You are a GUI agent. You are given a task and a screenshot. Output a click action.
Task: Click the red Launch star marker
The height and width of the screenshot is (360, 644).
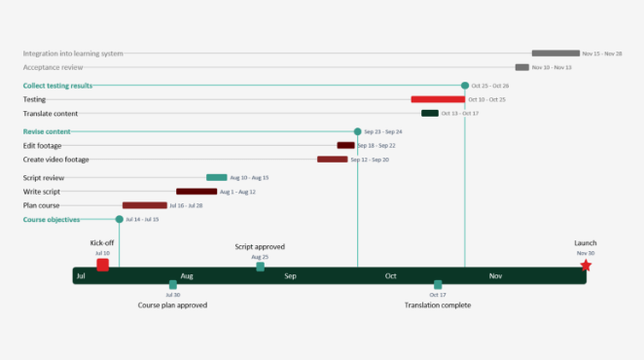[586, 265]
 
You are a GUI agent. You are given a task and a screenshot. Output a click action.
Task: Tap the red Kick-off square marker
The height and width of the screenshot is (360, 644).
[102, 265]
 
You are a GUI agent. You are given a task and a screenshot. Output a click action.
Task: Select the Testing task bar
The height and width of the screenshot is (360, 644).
[438, 99]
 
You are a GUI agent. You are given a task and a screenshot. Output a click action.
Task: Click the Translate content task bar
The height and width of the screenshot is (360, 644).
[429, 113]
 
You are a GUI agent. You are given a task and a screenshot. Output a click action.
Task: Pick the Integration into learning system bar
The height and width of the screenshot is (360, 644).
[555, 54]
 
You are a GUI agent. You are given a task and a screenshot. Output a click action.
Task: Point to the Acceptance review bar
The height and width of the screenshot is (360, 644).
[522, 67]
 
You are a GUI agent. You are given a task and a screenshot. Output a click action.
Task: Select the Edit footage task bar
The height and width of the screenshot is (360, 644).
[346, 145]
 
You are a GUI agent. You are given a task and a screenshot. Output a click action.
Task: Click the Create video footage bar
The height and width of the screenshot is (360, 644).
[332, 159]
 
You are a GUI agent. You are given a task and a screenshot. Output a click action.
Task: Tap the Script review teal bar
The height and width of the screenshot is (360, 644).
[216, 178]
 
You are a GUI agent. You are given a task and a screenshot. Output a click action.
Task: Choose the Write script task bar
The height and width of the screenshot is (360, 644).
[197, 192]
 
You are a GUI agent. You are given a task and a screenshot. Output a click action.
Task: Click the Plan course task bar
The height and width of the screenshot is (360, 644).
[144, 205]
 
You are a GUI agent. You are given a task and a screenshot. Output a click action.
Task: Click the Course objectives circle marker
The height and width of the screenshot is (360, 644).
[120, 219]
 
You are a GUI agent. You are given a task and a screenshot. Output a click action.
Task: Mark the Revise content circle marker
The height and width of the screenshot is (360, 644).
[357, 131]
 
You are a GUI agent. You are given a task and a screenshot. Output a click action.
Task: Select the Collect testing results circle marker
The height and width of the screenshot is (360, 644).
[465, 86]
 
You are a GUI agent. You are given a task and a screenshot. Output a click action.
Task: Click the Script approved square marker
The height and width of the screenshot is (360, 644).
[260, 267]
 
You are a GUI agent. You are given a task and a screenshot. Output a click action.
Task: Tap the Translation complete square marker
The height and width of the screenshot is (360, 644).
[438, 284]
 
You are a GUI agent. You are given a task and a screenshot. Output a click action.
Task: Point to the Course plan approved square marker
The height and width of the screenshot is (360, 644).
[172, 284]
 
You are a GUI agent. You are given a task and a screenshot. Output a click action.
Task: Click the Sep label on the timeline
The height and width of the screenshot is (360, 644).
[290, 276]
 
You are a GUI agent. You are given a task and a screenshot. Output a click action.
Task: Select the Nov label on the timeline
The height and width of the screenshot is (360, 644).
[495, 276]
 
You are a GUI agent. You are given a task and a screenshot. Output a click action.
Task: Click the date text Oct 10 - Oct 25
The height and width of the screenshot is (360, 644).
[487, 99]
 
